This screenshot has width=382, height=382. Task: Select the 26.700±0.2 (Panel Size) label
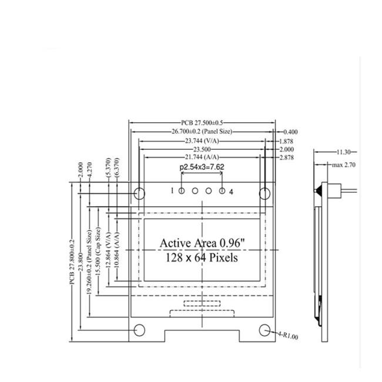click(x=201, y=132)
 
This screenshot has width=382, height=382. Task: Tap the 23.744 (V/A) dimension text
click(x=201, y=141)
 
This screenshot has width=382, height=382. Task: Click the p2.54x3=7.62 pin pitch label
click(x=202, y=167)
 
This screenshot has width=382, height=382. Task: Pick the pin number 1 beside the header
click(x=172, y=191)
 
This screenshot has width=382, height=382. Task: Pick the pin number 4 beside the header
click(x=232, y=191)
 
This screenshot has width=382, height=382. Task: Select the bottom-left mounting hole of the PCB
click(x=140, y=330)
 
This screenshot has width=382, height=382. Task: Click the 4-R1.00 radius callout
click(x=289, y=337)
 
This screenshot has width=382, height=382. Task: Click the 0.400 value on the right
click(x=289, y=132)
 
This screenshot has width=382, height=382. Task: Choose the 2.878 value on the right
click(x=287, y=158)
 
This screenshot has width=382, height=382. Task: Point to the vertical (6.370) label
click(x=117, y=169)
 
